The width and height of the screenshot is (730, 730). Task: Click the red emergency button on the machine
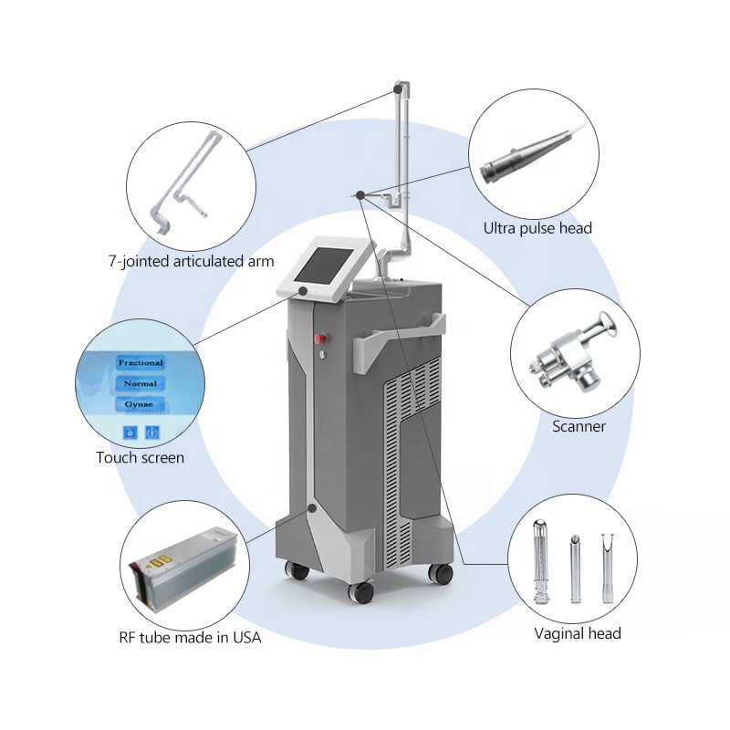point(320,339)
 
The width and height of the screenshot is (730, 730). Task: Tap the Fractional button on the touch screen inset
point(141,362)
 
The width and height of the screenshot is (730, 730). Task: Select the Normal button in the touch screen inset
point(141,383)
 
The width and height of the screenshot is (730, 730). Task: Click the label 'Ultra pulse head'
point(537,228)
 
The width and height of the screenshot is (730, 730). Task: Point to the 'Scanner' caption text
point(579,426)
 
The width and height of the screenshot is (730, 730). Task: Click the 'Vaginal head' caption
point(578,633)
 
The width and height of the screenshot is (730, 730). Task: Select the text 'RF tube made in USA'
point(190,637)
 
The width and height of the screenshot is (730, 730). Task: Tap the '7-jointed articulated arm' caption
point(191,261)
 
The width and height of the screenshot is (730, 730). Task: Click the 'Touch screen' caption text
point(141,458)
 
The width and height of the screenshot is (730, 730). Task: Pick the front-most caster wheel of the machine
point(361,591)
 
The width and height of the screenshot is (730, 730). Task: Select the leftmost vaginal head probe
point(540,562)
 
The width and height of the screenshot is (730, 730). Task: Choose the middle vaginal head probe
point(576,568)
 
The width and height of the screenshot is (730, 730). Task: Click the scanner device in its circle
point(575,350)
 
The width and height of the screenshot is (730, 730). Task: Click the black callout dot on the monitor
point(303,291)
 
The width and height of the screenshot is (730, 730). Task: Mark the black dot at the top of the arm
point(398,89)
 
